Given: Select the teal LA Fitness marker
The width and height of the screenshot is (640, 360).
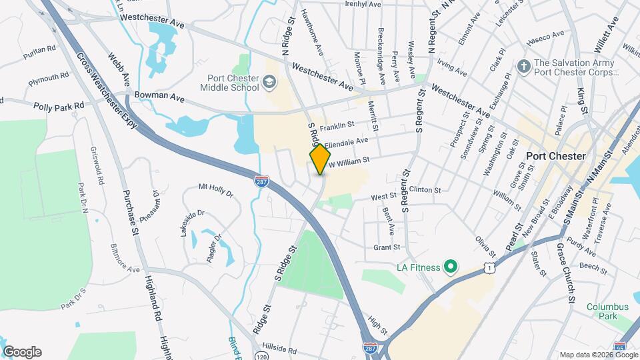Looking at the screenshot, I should pos(450,267).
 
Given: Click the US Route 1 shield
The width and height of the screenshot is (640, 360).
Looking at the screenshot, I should pos(490,267).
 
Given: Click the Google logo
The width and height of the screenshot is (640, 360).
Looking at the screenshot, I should pos(22,352).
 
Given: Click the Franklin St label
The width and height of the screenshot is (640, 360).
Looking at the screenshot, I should pos(336,125).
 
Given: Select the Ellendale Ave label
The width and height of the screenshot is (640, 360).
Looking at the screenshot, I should pos(346,142).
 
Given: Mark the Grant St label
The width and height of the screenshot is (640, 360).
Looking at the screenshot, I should pos(386,247).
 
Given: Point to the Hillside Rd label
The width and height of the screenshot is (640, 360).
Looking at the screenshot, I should pos(279,349).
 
